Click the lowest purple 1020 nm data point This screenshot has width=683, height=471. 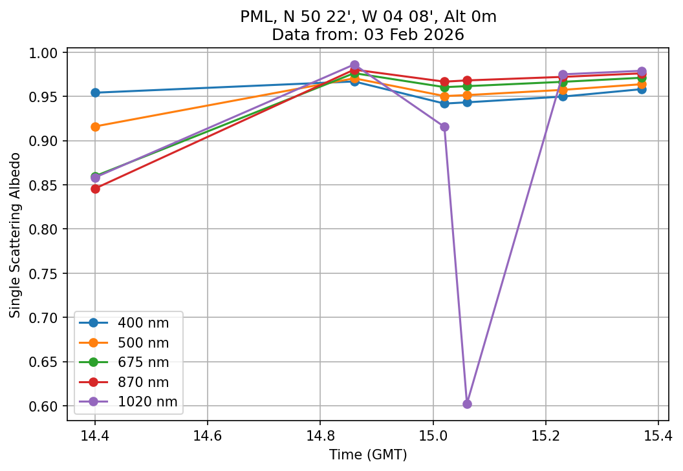(467, 404)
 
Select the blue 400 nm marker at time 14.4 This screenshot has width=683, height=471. (95, 92)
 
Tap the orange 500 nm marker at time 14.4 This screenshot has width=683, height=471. (95, 127)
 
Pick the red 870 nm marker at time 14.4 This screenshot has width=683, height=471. (95, 189)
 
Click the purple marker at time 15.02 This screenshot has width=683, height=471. (444, 127)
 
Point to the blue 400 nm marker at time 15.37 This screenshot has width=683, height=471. (642, 89)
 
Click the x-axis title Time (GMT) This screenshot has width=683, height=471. (368, 455)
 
